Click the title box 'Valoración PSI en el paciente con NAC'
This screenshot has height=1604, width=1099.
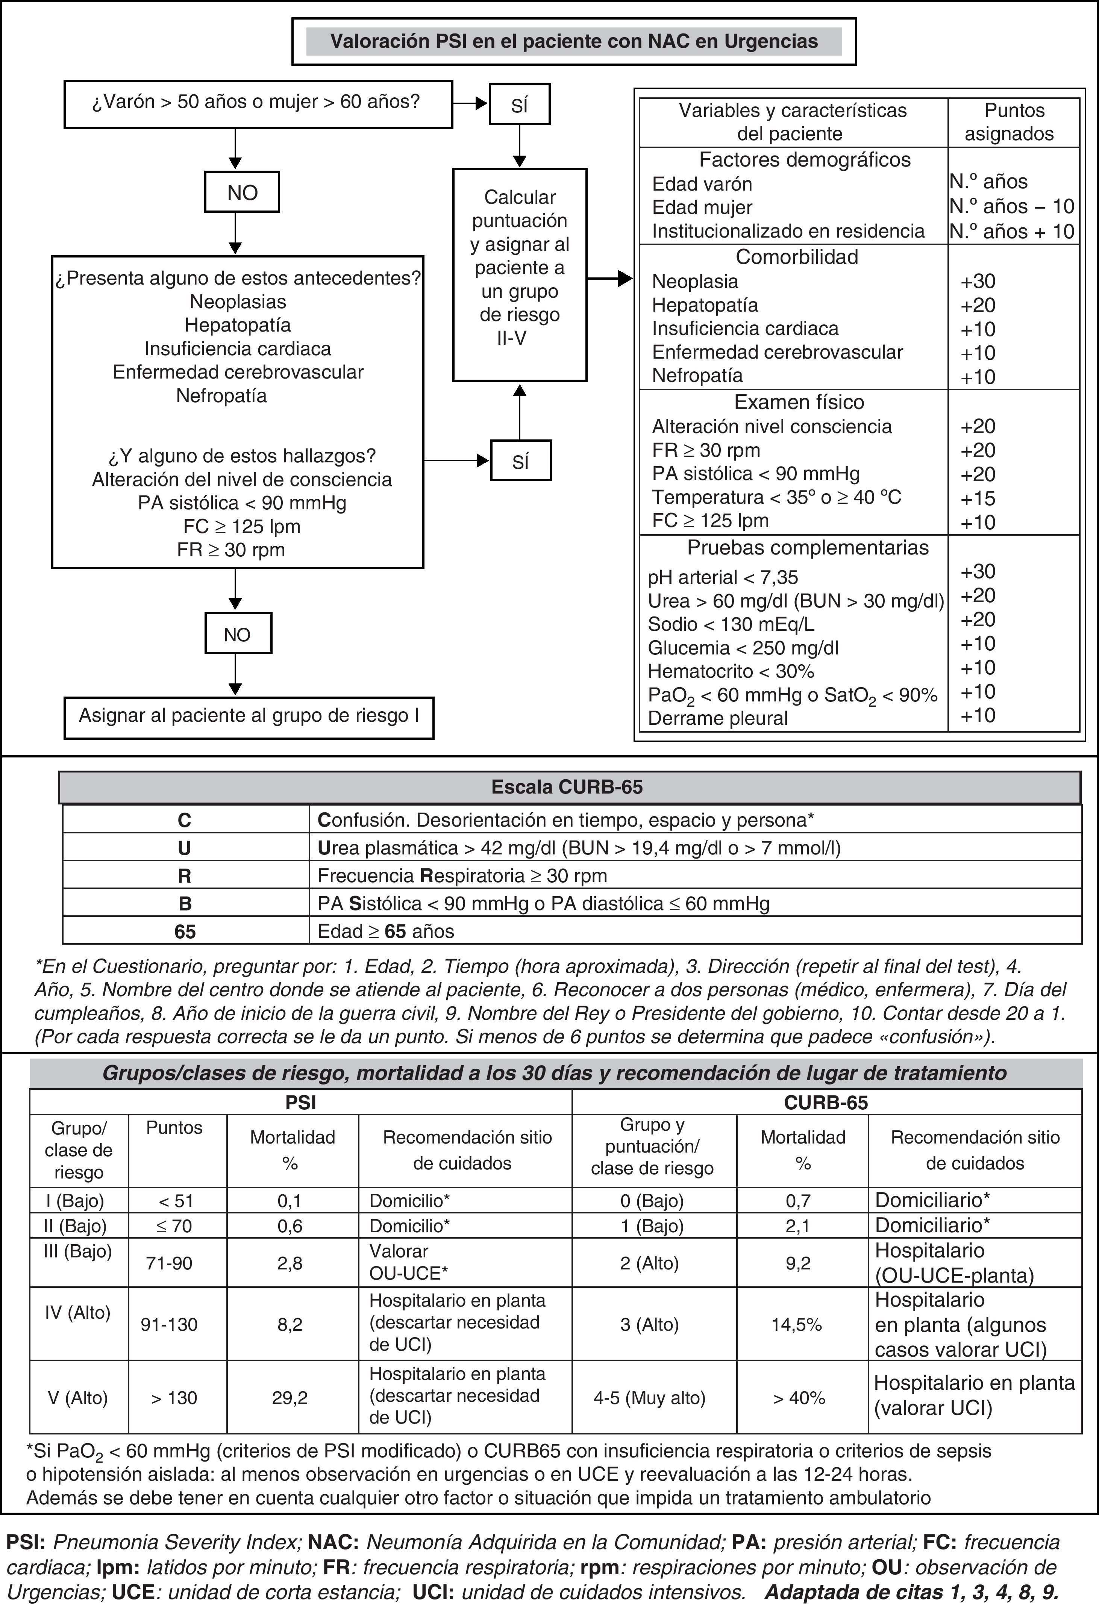(574, 41)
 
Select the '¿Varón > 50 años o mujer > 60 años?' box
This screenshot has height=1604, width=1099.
(258, 103)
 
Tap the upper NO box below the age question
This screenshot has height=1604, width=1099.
(242, 192)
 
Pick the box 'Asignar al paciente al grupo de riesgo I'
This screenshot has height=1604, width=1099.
(249, 716)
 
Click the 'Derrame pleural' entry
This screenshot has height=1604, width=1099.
(718, 718)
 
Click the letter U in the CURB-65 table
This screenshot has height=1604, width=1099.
(184, 848)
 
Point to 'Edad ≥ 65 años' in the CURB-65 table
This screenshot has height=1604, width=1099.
(385, 932)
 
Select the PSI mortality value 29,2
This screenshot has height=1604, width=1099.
(290, 1398)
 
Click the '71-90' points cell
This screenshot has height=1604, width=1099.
(169, 1263)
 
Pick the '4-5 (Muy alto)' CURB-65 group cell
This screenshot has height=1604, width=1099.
(650, 1398)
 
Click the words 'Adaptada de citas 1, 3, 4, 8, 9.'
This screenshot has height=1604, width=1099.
(911, 1592)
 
